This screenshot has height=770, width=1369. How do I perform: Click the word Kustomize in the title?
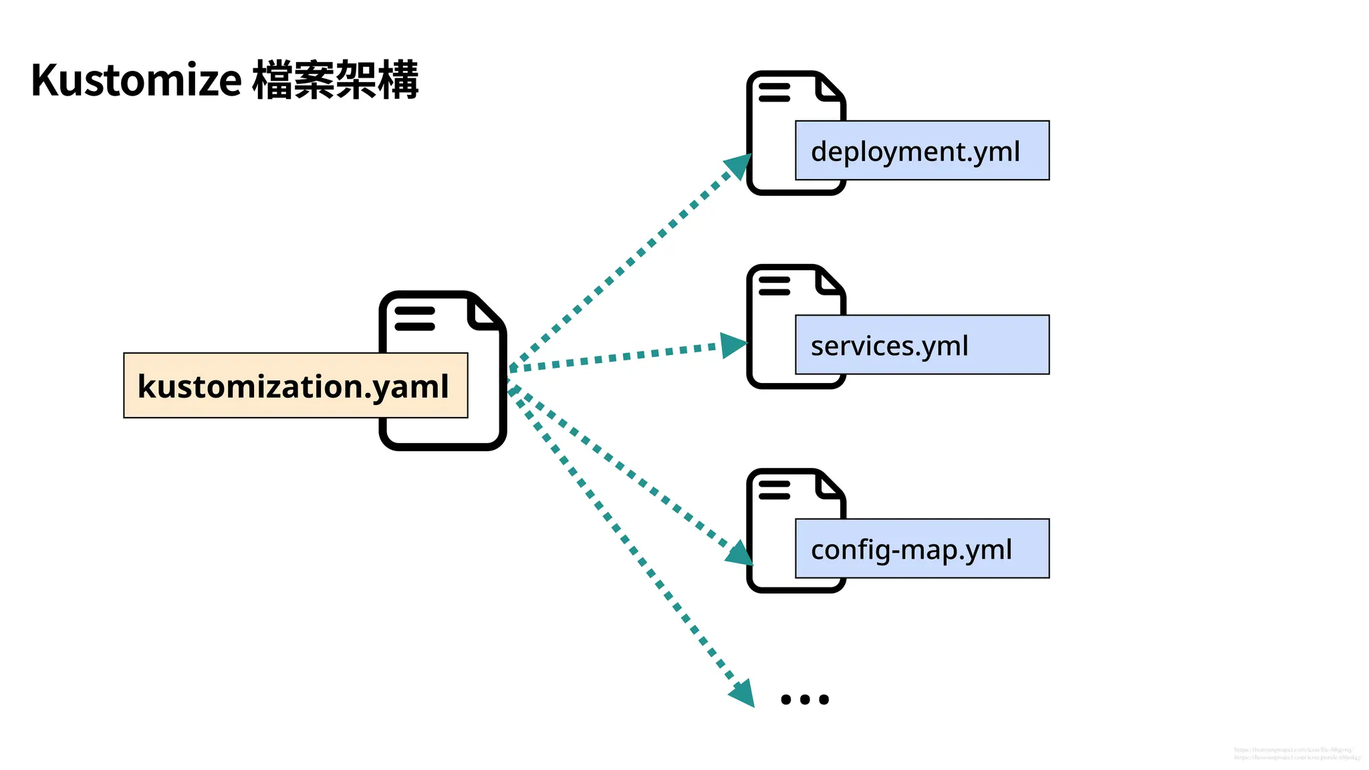pos(136,80)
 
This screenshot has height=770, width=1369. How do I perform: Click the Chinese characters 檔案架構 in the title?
pos(336,80)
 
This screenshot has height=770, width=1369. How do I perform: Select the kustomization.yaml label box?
pos(295,386)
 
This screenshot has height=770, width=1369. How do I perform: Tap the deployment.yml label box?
pos(921,150)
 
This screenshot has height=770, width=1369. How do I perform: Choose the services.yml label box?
pos(921,345)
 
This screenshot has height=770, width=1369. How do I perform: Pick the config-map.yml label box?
pos(921,549)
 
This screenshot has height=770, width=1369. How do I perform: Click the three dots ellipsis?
pos(805,699)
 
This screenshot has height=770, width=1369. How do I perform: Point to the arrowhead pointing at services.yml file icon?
pos(734,346)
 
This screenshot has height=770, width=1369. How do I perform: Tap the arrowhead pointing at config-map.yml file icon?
pos(739,553)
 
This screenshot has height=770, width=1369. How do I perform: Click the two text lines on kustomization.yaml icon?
pos(414,319)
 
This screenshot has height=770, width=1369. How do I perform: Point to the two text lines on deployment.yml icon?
pos(774,92)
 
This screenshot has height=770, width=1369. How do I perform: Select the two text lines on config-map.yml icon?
pos(774,490)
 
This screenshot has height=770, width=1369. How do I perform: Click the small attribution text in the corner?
pos(1296,754)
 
